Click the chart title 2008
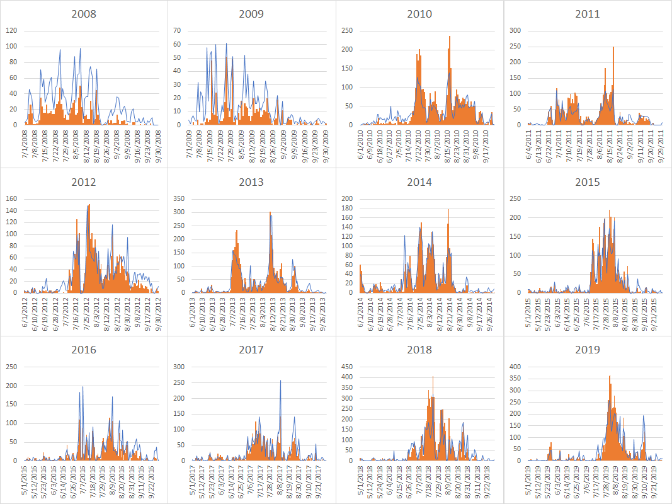click(84, 14)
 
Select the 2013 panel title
click(251, 182)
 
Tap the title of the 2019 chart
click(587, 350)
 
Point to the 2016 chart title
click(84, 350)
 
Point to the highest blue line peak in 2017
click(280, 381)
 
